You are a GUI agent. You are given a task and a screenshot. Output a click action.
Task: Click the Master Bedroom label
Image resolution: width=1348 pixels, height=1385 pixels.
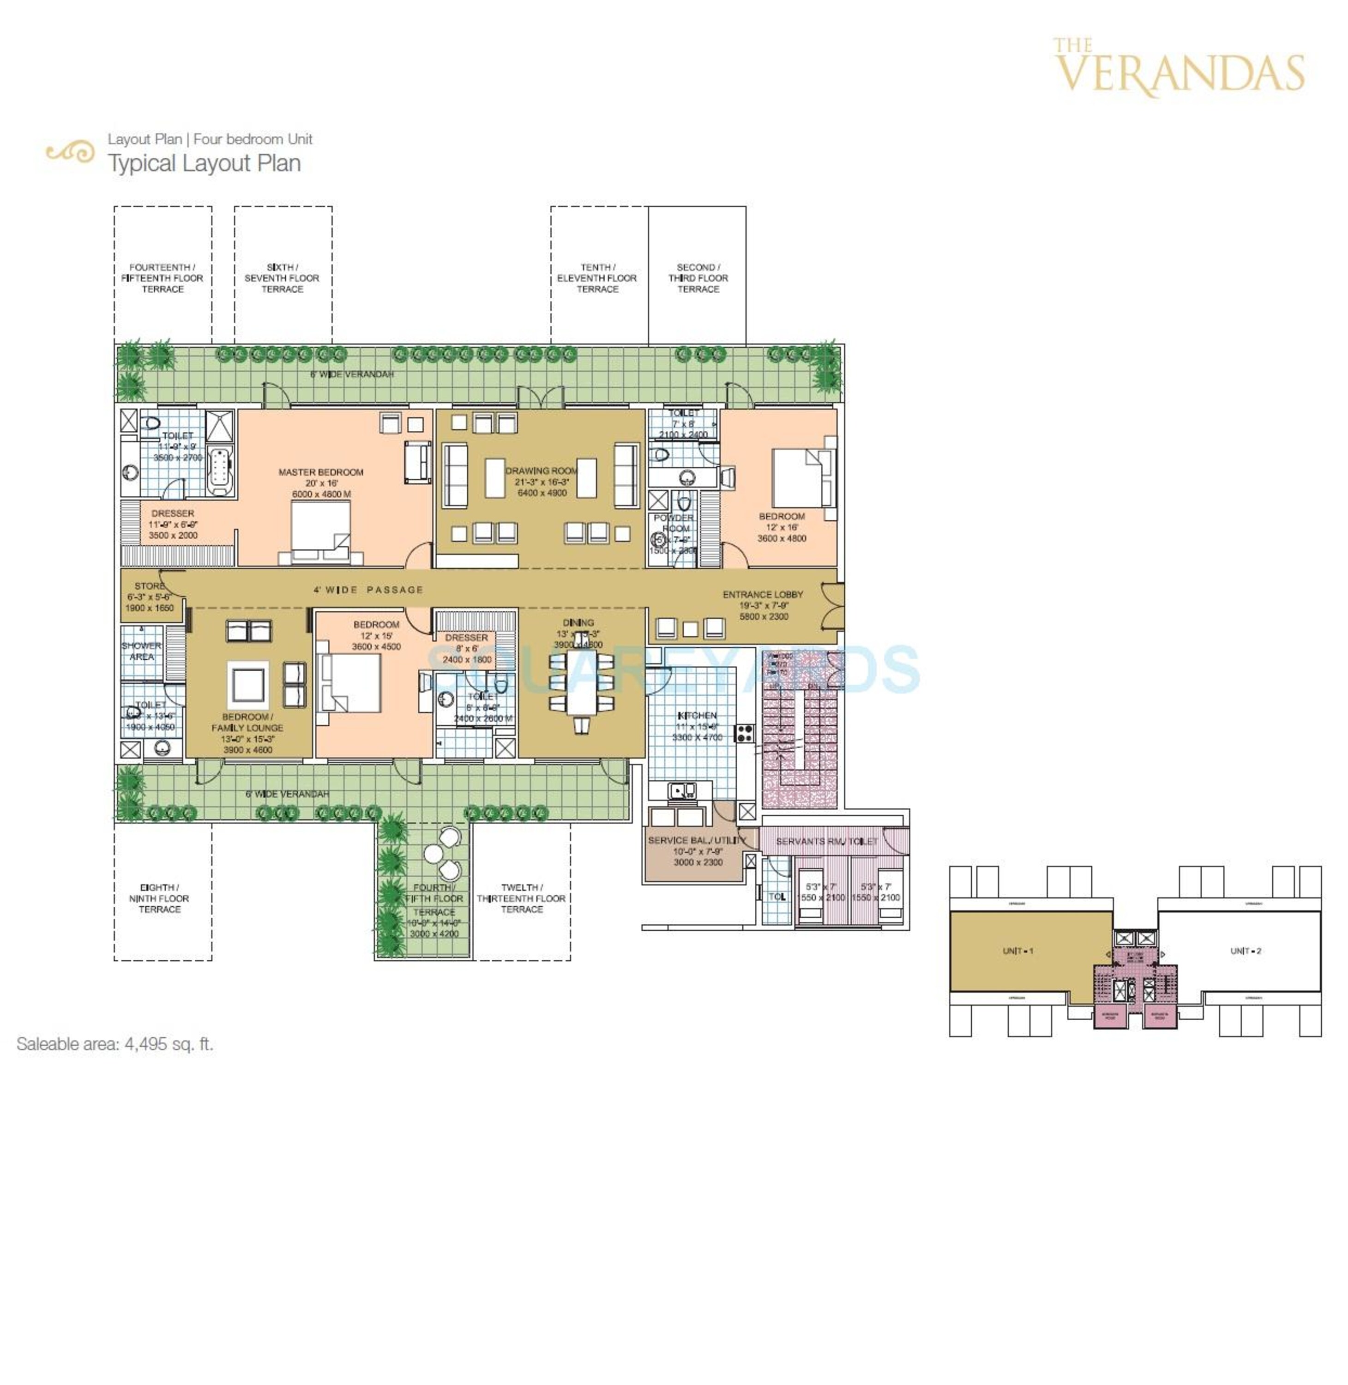coord(321,472)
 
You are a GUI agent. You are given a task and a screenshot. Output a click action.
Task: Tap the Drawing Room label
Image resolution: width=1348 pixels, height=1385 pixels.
coord(542,471)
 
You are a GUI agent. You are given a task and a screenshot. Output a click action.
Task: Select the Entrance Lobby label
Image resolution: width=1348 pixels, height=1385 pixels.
coord(763,595)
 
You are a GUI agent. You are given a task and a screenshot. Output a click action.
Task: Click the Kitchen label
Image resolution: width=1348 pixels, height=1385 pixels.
coord(698,716)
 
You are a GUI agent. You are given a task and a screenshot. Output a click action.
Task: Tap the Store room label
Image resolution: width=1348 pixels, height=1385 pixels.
coord(150,586)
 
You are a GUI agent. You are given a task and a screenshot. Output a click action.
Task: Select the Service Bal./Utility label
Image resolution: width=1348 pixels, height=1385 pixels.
coord(697,841)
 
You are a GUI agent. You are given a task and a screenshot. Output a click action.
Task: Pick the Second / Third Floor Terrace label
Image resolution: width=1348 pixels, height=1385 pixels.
coord(698,278)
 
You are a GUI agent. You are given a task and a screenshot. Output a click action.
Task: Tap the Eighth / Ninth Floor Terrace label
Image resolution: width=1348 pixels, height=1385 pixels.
coord(159,898)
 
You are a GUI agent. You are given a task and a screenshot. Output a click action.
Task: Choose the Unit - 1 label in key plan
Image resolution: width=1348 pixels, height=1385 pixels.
coord(1017,951)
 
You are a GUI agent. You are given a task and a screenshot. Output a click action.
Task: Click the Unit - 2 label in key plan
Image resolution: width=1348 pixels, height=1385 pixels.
coord(1246,951)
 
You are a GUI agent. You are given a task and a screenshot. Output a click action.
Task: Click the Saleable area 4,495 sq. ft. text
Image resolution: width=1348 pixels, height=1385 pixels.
coord(114,1044)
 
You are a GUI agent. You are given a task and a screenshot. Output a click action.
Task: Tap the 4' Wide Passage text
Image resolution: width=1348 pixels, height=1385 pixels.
coord(368,590)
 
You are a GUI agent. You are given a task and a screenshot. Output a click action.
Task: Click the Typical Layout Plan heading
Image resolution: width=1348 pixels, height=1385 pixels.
coord(204,163)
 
